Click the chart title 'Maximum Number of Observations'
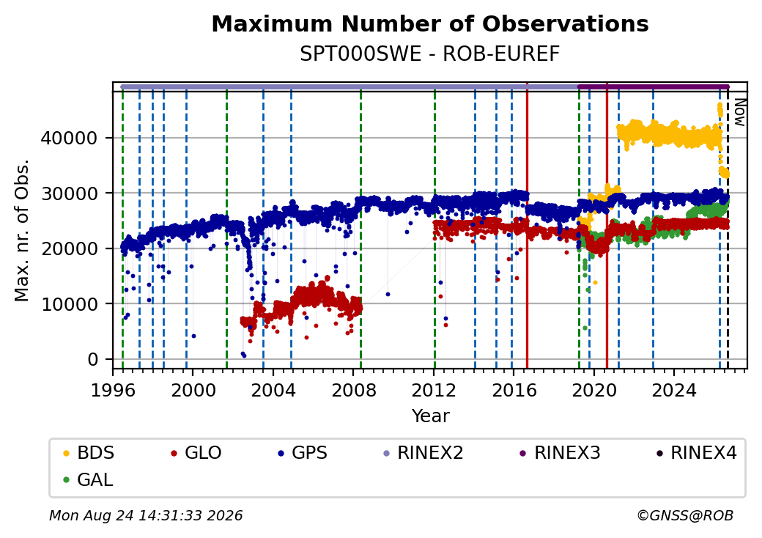coord(430,23)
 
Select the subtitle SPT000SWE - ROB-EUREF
coord(430,54)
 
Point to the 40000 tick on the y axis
coord(69,138)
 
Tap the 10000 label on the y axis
coord(69,304)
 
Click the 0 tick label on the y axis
coord(93,360)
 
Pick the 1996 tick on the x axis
coord(114,390)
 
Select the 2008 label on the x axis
coord(354,390)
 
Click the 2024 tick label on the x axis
coord(674,390)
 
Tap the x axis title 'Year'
coord(431,416)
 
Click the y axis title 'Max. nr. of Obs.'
coord(22,230)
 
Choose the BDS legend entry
coord(89,453)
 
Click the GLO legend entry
coord(196,453)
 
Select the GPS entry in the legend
coord(303,453)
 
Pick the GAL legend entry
coord(88,479)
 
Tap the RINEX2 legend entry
coord(423,453)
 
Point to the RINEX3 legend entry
coord(560,453)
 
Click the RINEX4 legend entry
coord(696,453)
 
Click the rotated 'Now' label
coord(739,112)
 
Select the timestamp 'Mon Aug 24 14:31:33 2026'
coord(146,515)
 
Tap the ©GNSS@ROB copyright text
coord(685,515)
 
